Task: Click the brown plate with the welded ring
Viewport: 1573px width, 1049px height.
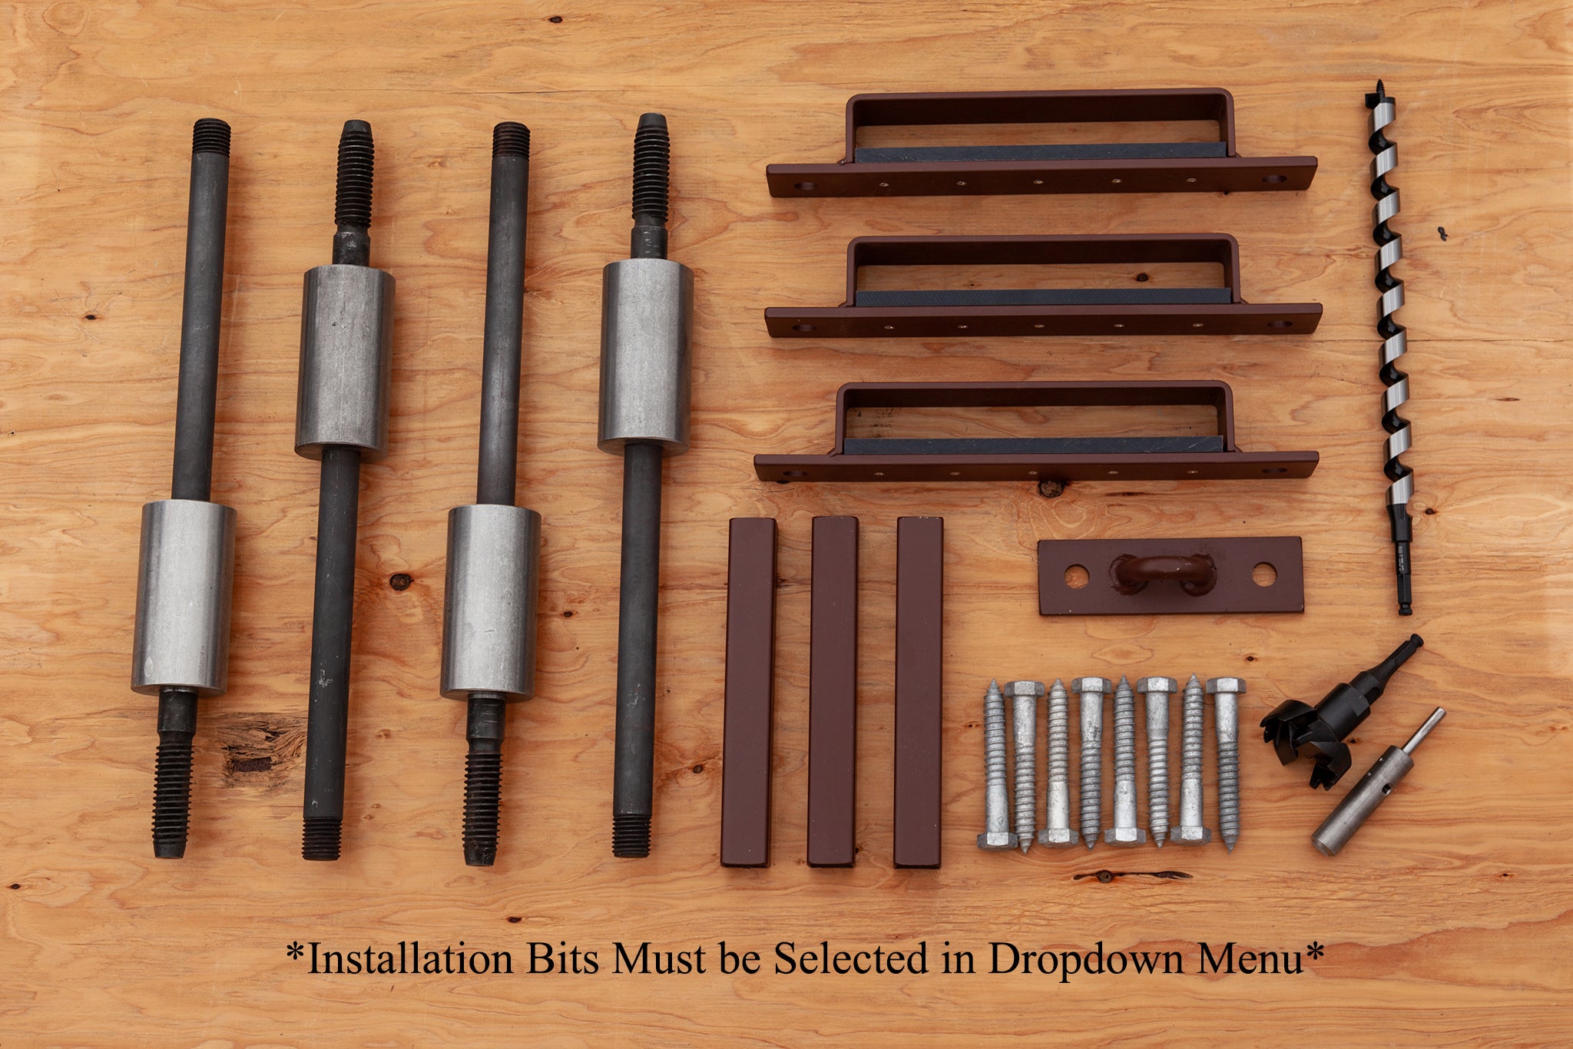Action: click(x=1171, y=575)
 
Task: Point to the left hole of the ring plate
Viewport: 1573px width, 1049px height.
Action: click(x=1077, y=577)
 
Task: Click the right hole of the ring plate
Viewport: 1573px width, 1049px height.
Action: click(x=1264, y=574)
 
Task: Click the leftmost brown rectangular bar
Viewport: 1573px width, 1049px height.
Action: click(x=749, y=692)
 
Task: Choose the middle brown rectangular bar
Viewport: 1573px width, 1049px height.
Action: click(x=833, y=692)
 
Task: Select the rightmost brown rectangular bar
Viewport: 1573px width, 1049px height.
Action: click(x=919, y=692)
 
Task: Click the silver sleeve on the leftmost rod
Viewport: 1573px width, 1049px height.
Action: click(x=184, y=597)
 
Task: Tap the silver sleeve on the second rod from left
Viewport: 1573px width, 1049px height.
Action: click(x=345, y=362)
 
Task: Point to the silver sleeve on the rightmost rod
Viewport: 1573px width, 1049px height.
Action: click(x=645, y=356)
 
